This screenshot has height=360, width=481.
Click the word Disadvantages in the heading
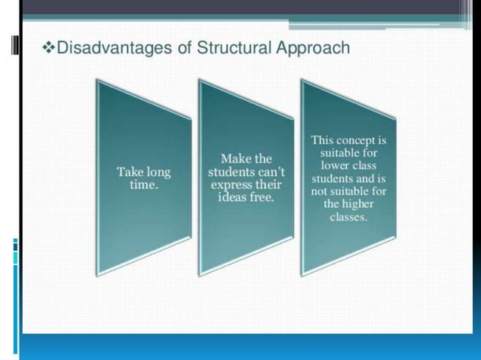106,49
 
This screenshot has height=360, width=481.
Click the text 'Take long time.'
143,178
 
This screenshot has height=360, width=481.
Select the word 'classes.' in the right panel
348,216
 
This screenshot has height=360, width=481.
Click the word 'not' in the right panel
321,191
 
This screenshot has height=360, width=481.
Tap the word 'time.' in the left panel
143,185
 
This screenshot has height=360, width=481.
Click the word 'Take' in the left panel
129,172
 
